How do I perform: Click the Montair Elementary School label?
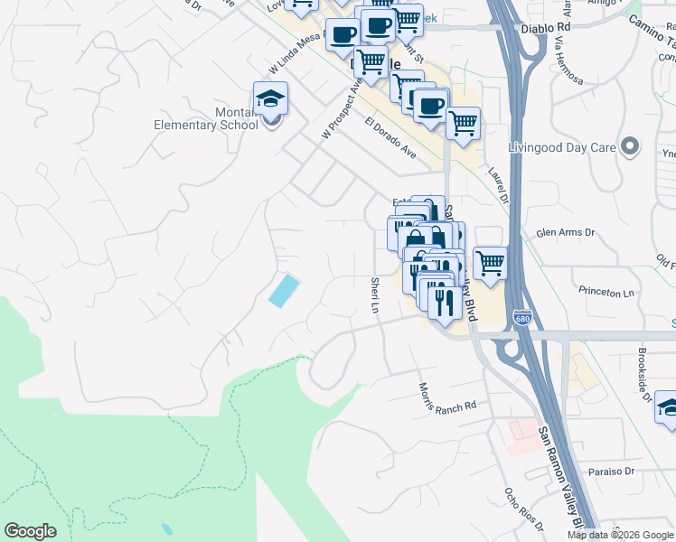tap(206, 119)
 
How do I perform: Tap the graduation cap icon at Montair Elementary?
tap(269, 101)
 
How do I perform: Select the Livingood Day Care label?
tap(561, 147)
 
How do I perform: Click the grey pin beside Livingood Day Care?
tap(631, 146)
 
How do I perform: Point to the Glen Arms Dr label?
tap(566, 233)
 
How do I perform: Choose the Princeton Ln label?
tap(606, 293)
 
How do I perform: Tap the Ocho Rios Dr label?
tap(523, 511)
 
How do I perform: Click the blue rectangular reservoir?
tap(283, 291)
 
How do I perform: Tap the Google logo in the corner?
tap(30, 531)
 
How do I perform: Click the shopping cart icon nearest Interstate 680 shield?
tap(489, 263)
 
